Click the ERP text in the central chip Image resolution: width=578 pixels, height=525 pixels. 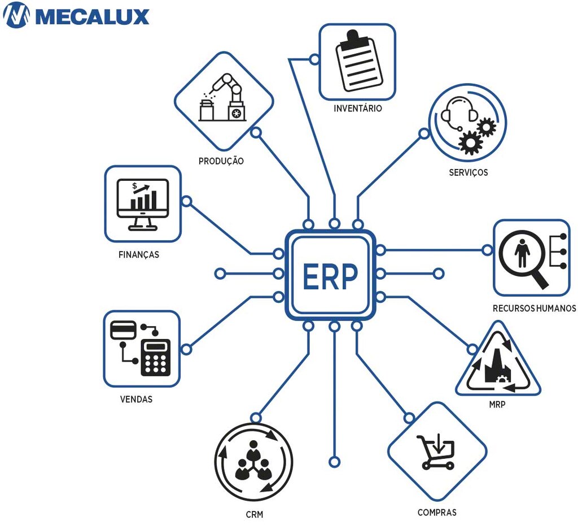click(x=330, y=275)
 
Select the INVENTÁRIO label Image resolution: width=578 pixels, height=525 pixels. click(x=357, y=108)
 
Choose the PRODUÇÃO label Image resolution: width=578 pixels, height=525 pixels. click(x=221, y=161)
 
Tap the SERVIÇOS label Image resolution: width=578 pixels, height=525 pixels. click(x=468, y=172)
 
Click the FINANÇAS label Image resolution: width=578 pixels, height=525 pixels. click(x=139, y=255)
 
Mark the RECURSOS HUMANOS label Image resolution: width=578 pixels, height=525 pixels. click(x=534, y=309)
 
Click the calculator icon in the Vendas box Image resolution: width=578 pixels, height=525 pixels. click(x=155, y=357)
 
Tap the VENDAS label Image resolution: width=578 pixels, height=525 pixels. click(x=136, y=399)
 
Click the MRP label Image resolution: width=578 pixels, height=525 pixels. click(x=497, y=405)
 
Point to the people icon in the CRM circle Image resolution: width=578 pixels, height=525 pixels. click(x=254, y=462)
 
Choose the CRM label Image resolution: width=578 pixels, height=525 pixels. click(x=255, y=515)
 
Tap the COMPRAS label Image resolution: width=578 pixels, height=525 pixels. click(x=437, y=513)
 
